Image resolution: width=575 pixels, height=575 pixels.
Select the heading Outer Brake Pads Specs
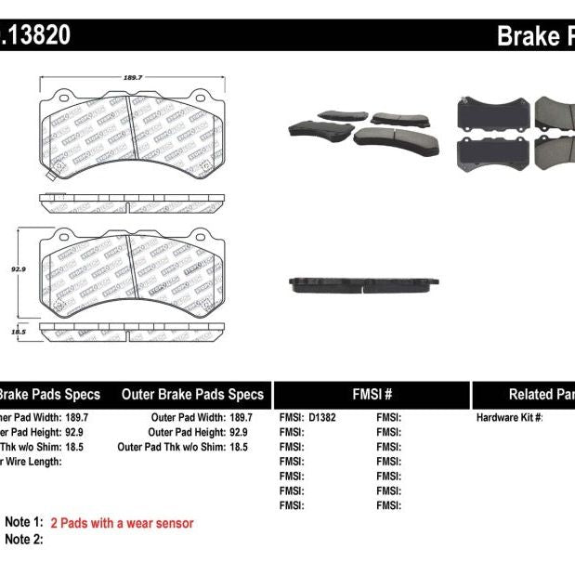click(x=192, y=394)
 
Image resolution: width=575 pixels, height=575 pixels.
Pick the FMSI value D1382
click(x=321, y=418)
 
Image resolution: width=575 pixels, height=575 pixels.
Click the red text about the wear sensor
click(x=122, y=523)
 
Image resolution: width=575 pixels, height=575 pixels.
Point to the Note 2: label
click(x=24, y=539)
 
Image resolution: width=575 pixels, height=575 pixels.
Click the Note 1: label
click(x=24, y=523)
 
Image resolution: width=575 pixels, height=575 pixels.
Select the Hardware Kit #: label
click(x=509, y=418)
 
